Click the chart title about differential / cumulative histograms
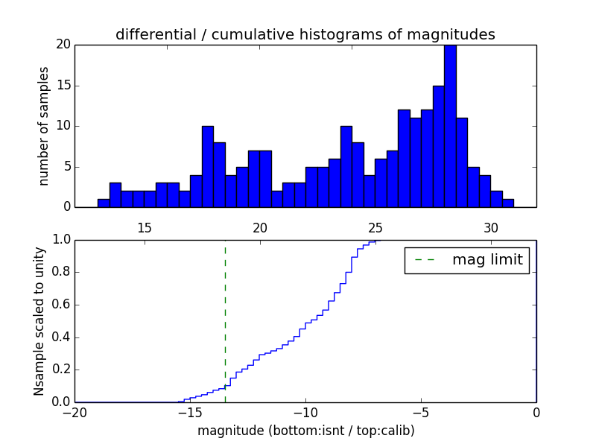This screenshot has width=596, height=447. [x=305, y=35]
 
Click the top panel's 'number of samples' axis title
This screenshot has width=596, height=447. [x=45, y=125]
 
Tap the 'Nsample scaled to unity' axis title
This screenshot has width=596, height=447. [x=39, y=320]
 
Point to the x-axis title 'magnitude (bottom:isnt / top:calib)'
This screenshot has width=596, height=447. [x=305, y=431]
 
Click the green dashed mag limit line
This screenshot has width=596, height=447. [x=225, y=320]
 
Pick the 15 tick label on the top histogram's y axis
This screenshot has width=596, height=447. [x=63, y=85]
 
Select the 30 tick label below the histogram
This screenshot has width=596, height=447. [x=491, y=227]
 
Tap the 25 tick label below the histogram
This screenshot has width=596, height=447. [x=375, y=227]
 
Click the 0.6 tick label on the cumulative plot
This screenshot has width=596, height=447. [x=60, y=305]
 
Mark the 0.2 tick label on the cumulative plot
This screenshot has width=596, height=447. [x=60, y=370]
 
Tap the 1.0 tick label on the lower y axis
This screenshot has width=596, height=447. [x=60, y=240]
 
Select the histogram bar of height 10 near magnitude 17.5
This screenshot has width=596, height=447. [x=207, y=166]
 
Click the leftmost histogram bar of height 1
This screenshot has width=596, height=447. [x=104, y=203]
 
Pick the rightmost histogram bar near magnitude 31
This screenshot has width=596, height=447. [x=508, y=203]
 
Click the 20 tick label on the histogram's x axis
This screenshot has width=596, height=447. [x=260, y=227]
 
